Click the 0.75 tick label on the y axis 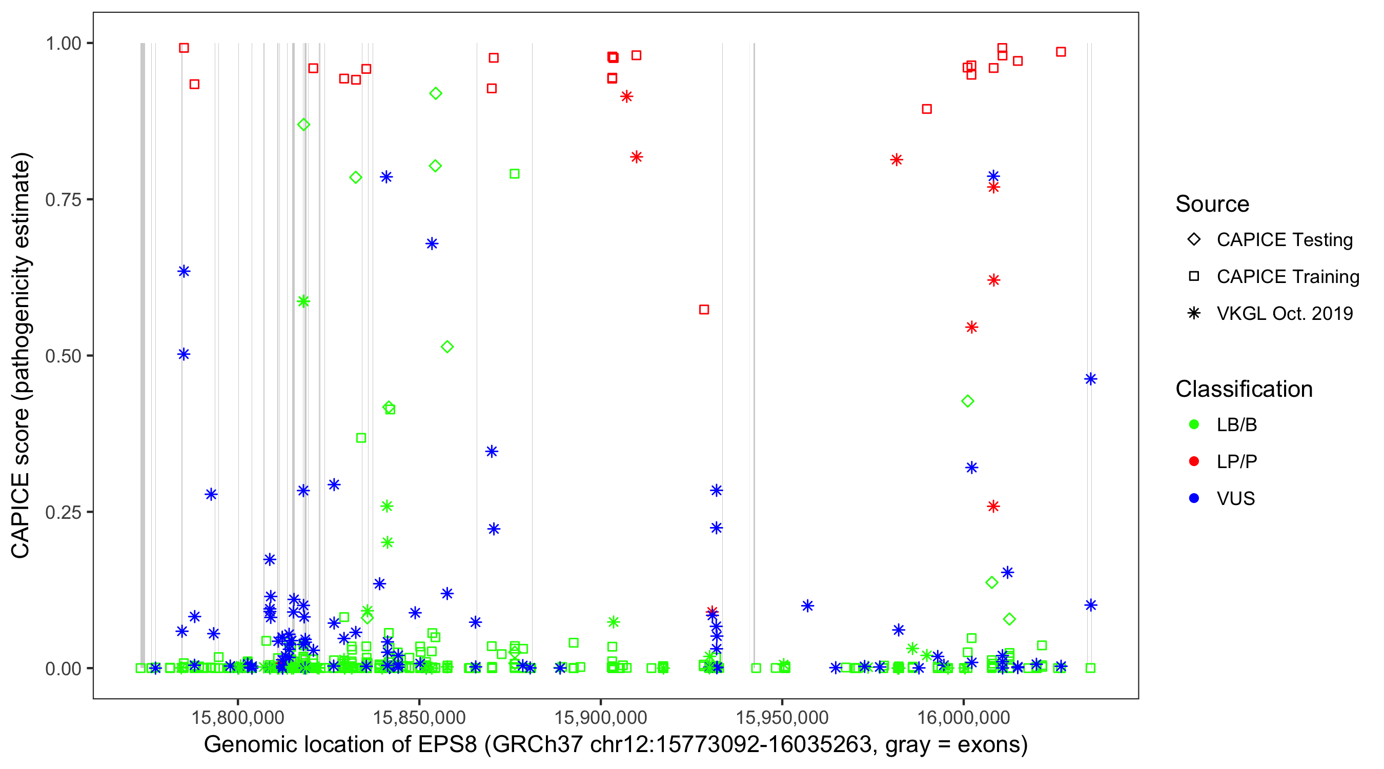(63, 200)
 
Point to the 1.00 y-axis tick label (63, 44)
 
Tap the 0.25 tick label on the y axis (63, 512)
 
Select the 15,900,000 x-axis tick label (600, 717)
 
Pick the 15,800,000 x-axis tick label (237, 717)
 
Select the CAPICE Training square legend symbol (1194, 276)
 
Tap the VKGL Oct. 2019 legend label (1285, 313)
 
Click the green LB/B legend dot (1194, 424)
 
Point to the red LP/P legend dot (1194, 461)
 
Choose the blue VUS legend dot (1194, 499)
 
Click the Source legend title (1212, 204)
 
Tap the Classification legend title (1244, 389)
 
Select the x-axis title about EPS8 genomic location (616, 745)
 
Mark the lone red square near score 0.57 (704, 310)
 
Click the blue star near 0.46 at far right (1090, 379)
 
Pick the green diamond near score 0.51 (447, 347)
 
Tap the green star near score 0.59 (303, 301)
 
